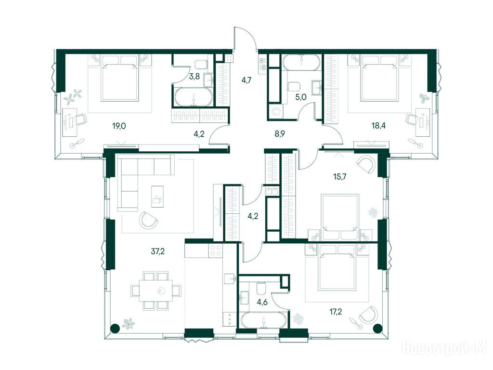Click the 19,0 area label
[119, 127]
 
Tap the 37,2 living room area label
[158, 251]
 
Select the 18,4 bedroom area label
[378, 126]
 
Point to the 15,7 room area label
[339, 176]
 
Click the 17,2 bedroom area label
[335, 312]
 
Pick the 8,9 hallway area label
[280, 134]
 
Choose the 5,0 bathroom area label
[300, 97]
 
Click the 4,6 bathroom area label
[262, 303]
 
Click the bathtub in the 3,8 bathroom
[194, 97]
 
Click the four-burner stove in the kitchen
[216, 251]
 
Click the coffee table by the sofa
[157, 197]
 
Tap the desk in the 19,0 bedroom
[69, 122]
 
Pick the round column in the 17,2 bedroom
[376, 329]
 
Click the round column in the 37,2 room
[115, 329]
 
